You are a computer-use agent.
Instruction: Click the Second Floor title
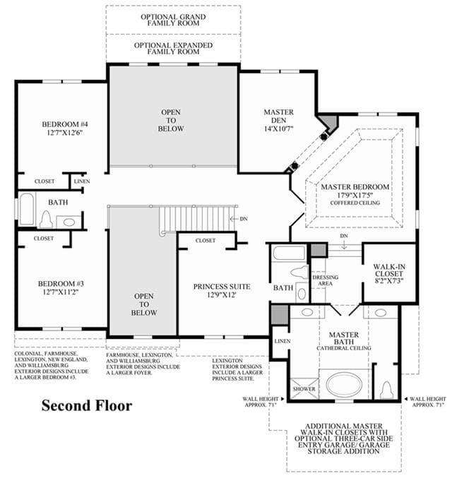(87, 406)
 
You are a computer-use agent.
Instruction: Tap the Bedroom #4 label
(65, 129)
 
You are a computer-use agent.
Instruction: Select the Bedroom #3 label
(61, 288)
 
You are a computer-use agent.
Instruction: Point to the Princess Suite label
(222, 290)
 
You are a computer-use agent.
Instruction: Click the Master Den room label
(279, 120)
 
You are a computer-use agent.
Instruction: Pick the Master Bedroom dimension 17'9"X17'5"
(355, 195)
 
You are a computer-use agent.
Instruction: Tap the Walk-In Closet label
(389, 273)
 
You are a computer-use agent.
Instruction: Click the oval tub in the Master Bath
(345, 385)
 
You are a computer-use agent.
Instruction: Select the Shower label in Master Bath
(304, 389)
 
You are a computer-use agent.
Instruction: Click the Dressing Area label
(325, 280)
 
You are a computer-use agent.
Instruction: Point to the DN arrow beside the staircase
(234, 219)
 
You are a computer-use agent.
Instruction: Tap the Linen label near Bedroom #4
(82, 181)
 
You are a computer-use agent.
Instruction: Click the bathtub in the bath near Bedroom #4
(26, 209)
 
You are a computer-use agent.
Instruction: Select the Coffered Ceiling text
(355, 203)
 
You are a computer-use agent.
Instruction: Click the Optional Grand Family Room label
(173, 20)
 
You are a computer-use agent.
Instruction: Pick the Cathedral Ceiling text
(344, 348)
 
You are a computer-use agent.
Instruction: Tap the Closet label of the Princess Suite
(206, 241)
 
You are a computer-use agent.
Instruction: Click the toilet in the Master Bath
(386, 389)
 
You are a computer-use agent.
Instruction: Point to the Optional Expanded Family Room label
(173, 49)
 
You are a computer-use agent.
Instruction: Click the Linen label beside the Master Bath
(282, 341)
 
